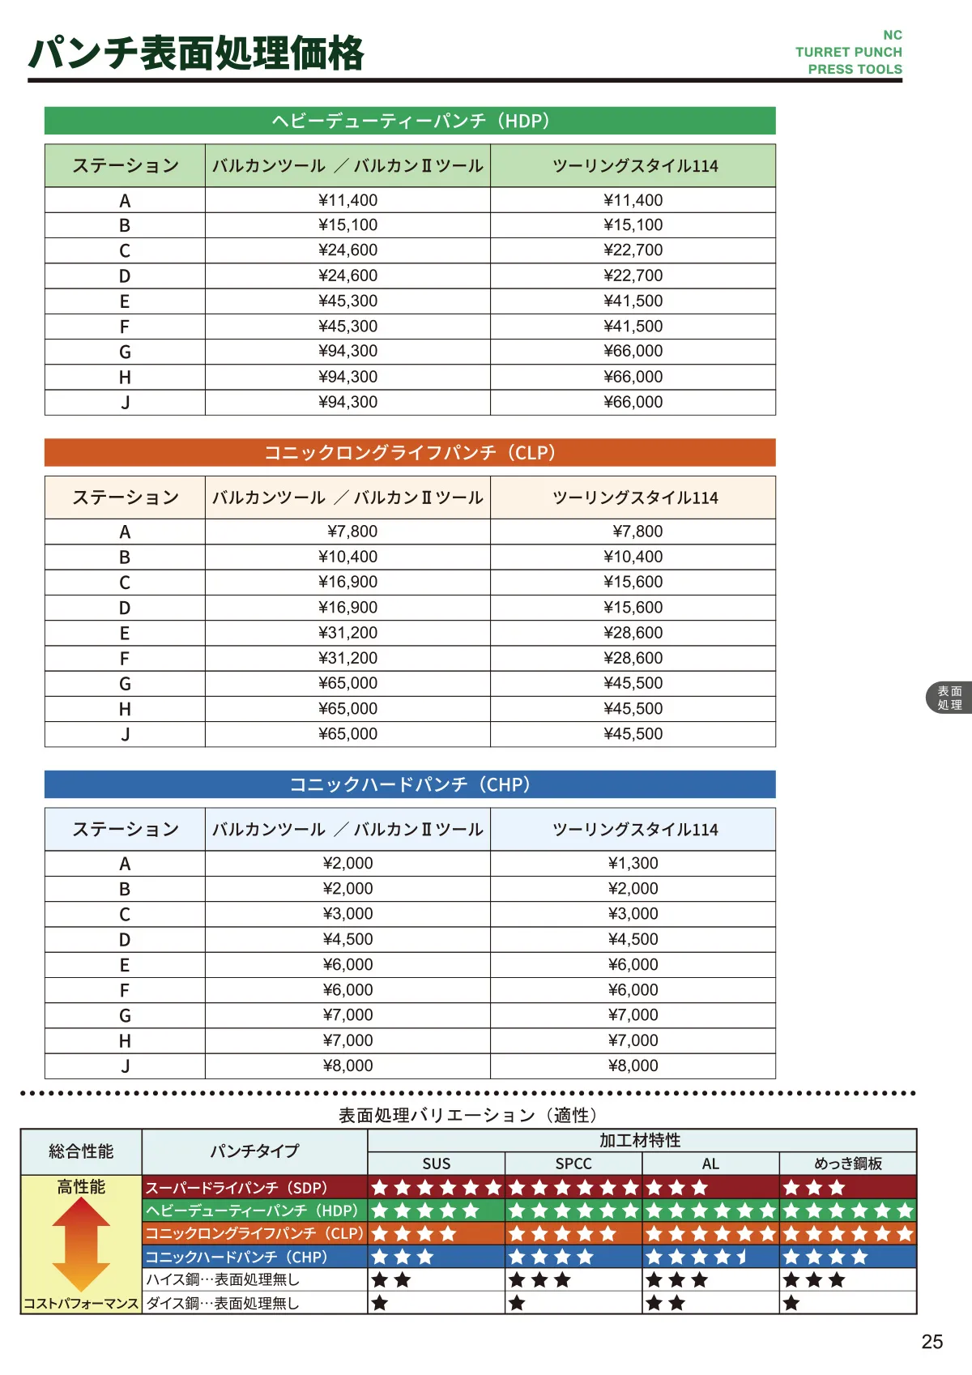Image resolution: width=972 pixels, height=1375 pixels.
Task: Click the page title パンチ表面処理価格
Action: [196, 53]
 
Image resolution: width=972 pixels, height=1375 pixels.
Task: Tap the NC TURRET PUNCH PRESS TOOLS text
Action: [849, 53]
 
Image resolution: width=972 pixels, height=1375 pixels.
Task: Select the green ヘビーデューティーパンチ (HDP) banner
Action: [410, 121]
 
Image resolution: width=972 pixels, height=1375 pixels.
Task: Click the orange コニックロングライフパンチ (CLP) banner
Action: [410, 452]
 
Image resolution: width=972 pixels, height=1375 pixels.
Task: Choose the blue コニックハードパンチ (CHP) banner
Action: [410, 784]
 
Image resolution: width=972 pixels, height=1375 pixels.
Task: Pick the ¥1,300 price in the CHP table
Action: [633, 863]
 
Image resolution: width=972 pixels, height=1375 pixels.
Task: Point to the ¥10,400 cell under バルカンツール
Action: [347, 557]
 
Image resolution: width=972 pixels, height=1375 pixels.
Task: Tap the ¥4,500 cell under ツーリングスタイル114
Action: [633, 939]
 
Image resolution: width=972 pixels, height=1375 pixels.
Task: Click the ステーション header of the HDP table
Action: [126, 166]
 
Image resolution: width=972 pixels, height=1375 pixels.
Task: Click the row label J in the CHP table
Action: [125, 1066]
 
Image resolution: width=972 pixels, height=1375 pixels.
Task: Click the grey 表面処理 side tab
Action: [949, 698]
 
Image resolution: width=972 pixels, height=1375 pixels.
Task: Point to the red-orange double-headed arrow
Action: [81, 1244]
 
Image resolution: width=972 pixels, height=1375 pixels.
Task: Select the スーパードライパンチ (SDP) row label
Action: [237, 1188]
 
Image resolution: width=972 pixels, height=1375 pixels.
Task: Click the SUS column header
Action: [436, 1164]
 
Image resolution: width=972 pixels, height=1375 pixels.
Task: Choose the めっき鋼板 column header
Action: [847, 1164]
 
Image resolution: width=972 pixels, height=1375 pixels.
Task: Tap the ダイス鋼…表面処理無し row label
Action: [223, 1303]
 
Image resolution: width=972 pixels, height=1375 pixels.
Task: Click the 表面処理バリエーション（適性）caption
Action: [468, 1116]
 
